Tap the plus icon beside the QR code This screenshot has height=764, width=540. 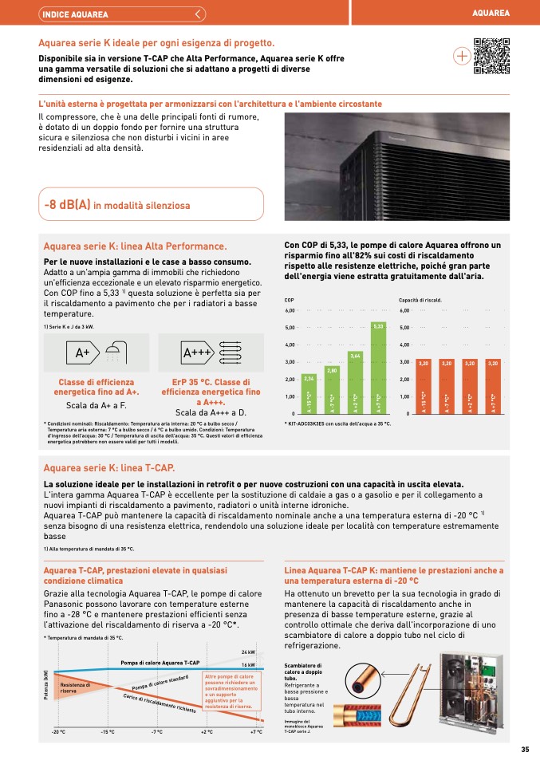(x=462, y=57)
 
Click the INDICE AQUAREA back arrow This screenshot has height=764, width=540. (x=199, y=14)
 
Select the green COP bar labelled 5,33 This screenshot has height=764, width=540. (x=379, y=368)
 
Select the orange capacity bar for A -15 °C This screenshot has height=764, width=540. (x=424, y=386)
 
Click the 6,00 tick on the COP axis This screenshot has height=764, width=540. (x=290, y=310)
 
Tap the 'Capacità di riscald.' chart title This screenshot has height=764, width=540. (x=420, y=300)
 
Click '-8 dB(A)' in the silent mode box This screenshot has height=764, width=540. (x=68, y=205)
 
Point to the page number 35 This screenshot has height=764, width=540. (x=525, y=749)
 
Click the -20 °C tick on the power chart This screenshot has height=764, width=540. (x=58, y=731)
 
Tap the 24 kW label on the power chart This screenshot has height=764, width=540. (x=247, y=652)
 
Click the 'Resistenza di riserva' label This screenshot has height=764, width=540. (x=76, y=687)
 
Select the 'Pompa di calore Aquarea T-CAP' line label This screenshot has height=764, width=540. (x=160, y=663)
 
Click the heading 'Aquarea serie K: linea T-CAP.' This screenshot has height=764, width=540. (x=109, y=467)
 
